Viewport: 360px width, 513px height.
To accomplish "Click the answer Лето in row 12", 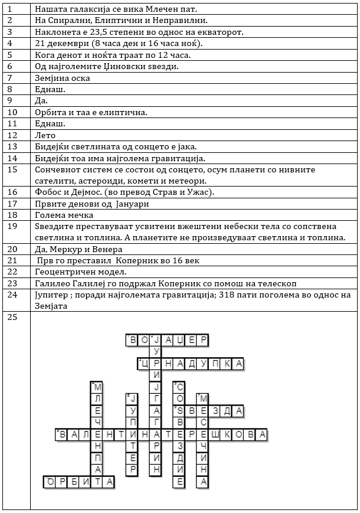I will click(45, 135).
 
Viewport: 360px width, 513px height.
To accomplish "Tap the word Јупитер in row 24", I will click(53, 295).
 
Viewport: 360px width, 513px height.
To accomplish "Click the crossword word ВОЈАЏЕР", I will click(167, 339).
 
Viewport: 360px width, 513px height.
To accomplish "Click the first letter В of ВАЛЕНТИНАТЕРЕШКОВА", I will click(61, 434).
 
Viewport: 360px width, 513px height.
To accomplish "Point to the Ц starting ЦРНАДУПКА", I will click(143, 364).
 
